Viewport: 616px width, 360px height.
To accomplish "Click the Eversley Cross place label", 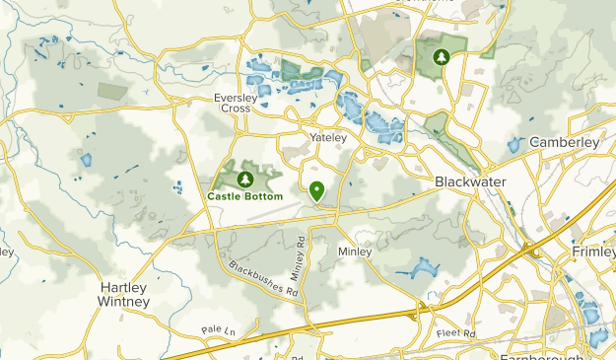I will pyautogui.click(x=234, y=103).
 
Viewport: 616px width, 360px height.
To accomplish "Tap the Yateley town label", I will pyautogui.click(x=328, y=137).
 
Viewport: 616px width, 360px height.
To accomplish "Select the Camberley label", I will pyautogui.click(x=564, y=142).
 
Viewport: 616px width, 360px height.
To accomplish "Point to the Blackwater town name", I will pyautogui.click(x=468, y=182).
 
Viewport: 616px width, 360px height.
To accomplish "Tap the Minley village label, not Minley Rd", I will pyautogui.click(x=355, y=252).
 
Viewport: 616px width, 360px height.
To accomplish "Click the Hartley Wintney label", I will pyautogui.click(x=123, y=294).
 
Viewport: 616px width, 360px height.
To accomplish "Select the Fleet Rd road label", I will pyautogui.click(x=455, y=333).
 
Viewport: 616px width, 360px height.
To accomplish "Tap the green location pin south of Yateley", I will pyautogui.click(x=317, y=189).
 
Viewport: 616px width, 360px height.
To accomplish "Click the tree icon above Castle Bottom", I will pyautogui.click(x=243, y=180).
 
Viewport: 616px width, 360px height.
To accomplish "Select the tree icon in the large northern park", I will pyautogui.click(x=443, y=56).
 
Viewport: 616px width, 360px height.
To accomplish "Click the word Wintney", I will pyautogui.click(x=123, y=301).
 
